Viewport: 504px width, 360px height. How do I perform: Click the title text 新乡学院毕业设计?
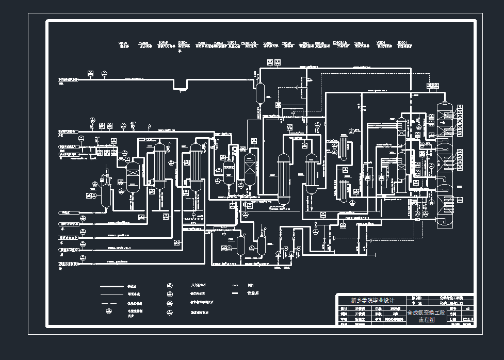[372, 300]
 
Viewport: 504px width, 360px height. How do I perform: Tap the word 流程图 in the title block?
[427, 320]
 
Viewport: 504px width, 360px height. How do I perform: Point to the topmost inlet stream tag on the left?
[68, 80]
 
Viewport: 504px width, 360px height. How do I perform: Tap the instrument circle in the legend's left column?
[109, 311]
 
